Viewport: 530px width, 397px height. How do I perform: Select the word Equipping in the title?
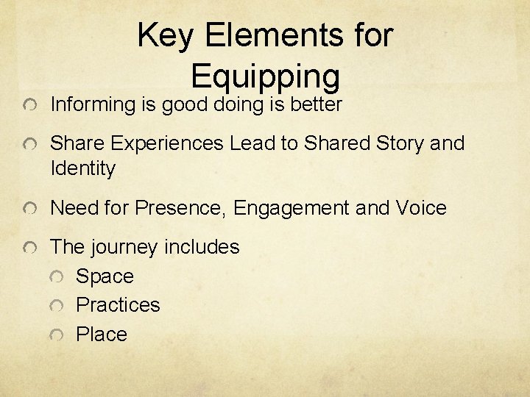point(265,75)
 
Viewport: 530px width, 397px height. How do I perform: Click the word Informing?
point(92,105)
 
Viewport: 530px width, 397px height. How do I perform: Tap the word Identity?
point(82,169)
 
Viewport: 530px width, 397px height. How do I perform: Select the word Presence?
point(181,208)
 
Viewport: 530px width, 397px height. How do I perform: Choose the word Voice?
point(420,208)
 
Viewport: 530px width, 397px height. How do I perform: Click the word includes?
point(202,247)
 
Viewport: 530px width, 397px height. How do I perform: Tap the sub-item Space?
point(105,277)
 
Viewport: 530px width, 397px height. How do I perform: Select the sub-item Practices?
point(118,305)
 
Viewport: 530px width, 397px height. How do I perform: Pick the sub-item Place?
point(102,335)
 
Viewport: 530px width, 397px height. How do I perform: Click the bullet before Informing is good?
point(27,107)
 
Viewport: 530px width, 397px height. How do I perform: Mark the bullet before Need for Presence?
point(27,210)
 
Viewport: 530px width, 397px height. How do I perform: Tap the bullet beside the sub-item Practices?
point(57,306)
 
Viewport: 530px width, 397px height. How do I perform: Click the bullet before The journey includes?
point(27,248)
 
